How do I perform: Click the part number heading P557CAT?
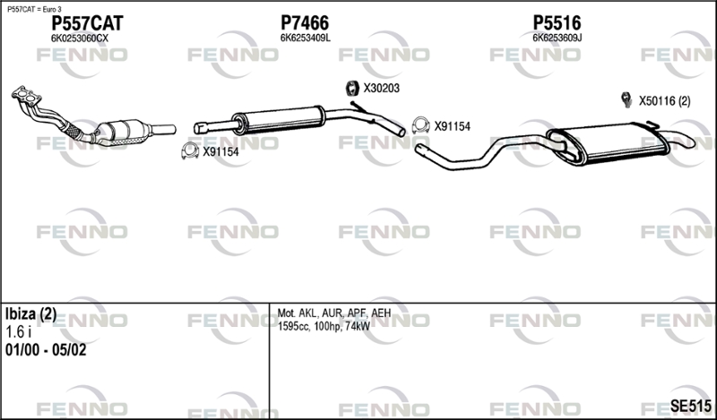(x=87, y=23)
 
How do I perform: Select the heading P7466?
(x=305, y=23)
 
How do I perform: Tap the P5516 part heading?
(x=557, y=23)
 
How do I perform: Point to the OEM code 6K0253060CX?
(x=80, y=39)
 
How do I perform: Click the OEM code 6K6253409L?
(x=305, y=39)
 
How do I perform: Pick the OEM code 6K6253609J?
(x=557, y=38)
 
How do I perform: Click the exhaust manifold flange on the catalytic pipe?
(x=26, y=96)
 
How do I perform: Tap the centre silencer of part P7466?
(x=279, y=119)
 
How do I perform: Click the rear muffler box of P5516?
(x=609, y=143)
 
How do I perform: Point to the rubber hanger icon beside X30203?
(x=351, y=88)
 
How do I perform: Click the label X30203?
(x=382, y=88)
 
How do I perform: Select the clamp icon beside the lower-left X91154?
(x=190, y=150)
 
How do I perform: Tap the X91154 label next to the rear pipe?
(x=453, y=126)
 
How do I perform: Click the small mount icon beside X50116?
(x=626, y=99)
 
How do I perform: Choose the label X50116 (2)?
(x=664, y=101)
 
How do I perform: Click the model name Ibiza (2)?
(x=30, y=314)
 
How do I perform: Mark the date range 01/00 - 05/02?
(x=46, y=350)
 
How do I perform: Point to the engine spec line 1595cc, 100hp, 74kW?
(x=324, y=326)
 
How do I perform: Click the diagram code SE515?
(x=690, y=406)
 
